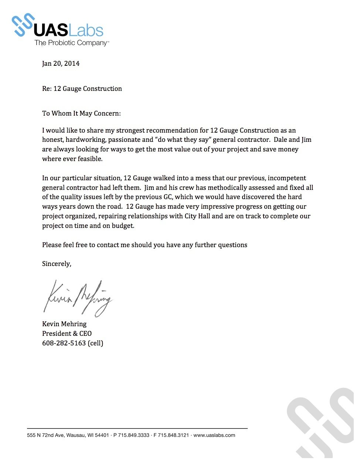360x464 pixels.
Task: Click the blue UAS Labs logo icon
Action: [23, 25]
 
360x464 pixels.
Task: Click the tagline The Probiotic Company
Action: [71, 43]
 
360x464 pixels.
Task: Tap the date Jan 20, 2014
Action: [61, 64]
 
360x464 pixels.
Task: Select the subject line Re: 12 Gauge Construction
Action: [82, 89]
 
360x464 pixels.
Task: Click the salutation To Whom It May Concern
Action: [81, 113]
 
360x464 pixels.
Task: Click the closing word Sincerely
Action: [57, 264]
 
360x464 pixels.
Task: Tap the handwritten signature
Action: [78, 297]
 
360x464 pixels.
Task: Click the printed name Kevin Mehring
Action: [64, 324]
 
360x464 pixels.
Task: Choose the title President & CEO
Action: [67, 334]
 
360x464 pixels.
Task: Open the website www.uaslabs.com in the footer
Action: [214, 435]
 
